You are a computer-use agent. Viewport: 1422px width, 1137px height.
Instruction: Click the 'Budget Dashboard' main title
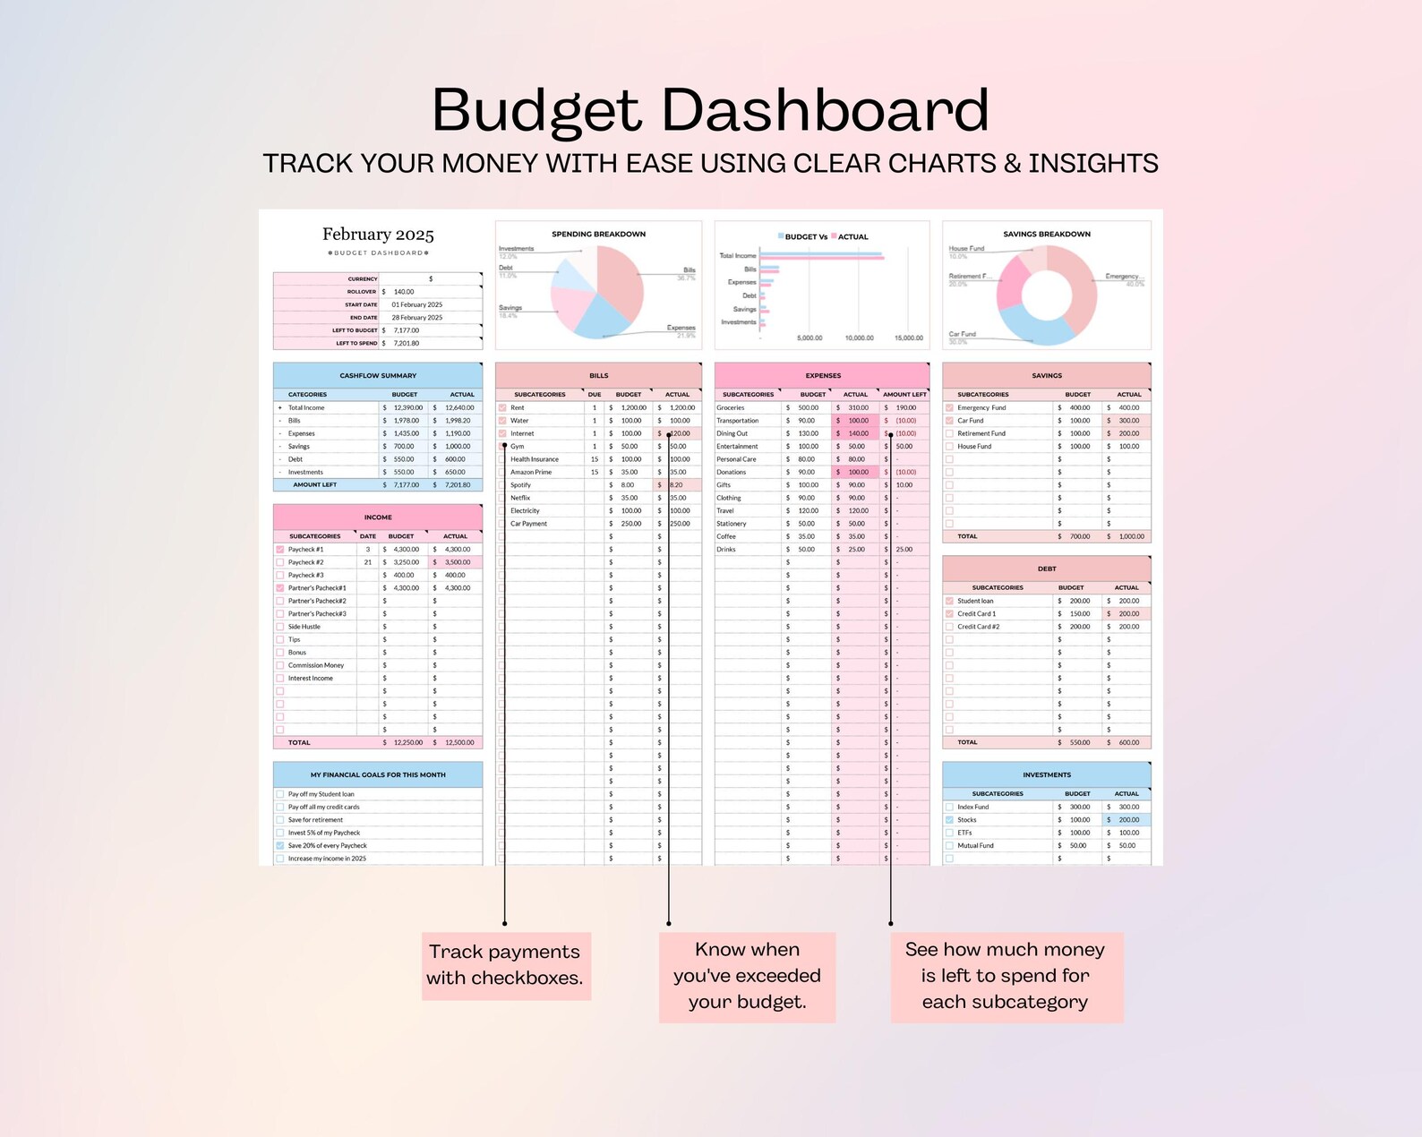click(x=710, y=110)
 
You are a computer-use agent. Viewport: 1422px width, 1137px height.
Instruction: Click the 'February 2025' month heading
click(x=378, y=235)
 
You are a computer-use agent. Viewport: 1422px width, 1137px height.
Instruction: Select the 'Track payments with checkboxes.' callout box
click(x=505, y=965)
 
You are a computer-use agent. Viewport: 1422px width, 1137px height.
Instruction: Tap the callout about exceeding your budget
click(x=747, y=976)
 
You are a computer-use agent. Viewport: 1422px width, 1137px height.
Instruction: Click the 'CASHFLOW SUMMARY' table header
click(x=378, y=376)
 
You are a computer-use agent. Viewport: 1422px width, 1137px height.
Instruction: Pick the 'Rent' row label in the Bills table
click(x=518, y=407)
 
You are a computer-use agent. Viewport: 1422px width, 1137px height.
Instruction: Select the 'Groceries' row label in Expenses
click(x=731, y=407)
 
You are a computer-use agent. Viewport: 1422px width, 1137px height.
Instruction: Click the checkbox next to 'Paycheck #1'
click(x=280, y=550)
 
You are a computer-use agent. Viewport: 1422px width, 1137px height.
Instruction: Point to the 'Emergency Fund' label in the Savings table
click(x=981, y=407)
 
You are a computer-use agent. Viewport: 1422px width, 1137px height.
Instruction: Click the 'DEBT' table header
click(x=1046, y=568)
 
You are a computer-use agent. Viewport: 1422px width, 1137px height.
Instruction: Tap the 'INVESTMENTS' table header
click(x=1046, y=775)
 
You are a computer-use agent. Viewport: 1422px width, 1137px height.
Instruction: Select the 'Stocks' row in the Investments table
click(x=967, y=820)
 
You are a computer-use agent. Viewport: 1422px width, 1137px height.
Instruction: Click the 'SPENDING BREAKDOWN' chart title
click(x=598, y=235)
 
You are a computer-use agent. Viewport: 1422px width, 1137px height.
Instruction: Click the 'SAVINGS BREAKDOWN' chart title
click(x=1046, y=235)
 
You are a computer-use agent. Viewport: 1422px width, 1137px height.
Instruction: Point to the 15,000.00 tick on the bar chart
click(x=908, y=338)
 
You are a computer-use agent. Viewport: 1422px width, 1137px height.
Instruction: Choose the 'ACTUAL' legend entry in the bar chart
click(x=852, y=237)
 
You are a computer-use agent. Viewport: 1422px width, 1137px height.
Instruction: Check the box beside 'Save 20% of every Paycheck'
click(x=280, y=846)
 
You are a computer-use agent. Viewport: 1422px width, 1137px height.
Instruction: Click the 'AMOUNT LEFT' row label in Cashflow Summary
click(x=314, y=485)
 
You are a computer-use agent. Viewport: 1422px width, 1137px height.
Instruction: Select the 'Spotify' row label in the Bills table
click(x=520, y=485)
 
